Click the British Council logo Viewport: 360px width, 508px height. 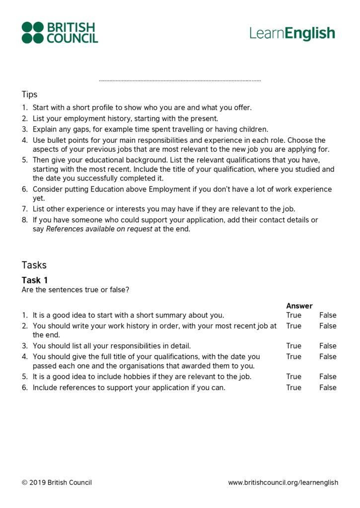(x=60, y=33)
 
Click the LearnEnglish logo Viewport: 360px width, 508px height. (x=292, y=33)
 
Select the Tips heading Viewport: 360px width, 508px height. (x=29, y=94)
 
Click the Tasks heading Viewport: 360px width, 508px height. (x=34, y=265)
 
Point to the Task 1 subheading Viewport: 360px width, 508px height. (x=35, y=280)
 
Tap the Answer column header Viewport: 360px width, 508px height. (x=299, y=306)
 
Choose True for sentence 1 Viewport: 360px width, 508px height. (x=293, y=315)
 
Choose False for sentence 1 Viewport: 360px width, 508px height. (x=328, y=315)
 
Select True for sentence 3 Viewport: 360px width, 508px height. (x=293, y=346)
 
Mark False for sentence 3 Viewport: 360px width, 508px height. (x=328, y=346)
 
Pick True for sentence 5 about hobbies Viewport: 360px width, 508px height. (x=293, y=377)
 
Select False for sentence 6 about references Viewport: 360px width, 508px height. (x=328, y=387)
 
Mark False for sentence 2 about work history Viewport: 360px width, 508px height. (x=328, y=326)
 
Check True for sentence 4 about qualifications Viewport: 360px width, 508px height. (x=293, y=357)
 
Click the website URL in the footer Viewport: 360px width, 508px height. (x=283, y=482)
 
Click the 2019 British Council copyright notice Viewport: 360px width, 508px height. (x=57, y=482)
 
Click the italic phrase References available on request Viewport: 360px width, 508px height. (x=99, y=229)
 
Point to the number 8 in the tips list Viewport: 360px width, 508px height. (x=24, y=220)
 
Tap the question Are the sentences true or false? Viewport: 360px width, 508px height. (x=75, y=290)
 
